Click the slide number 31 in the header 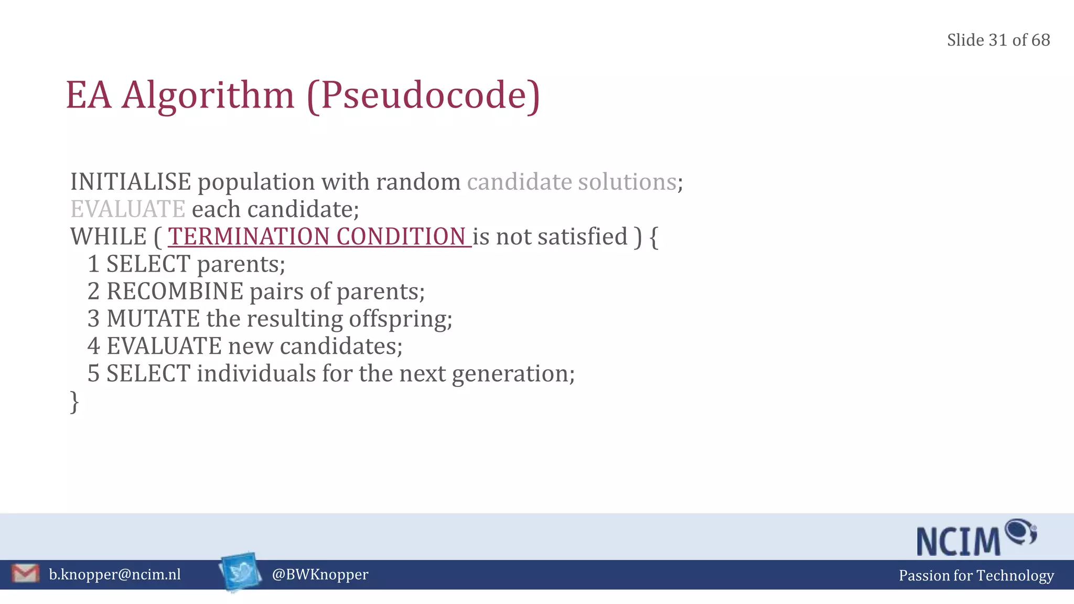point(998,40)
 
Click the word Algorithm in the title point(208,95)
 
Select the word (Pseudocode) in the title point(423,95)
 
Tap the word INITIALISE point(131,182)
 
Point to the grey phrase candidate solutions point(572,182)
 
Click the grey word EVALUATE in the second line point(128,209)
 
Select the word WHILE point(109,236)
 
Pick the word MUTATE point(153,319)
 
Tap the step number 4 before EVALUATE point(93,346)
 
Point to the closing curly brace point(74,402)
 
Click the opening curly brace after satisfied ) point(653,237)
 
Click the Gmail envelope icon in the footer point(25,574)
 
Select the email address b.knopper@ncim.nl point(115,575)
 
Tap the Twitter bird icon point(241,572)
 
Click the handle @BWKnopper point(320,575)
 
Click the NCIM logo point(975,538)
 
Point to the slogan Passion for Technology point(976,576)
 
